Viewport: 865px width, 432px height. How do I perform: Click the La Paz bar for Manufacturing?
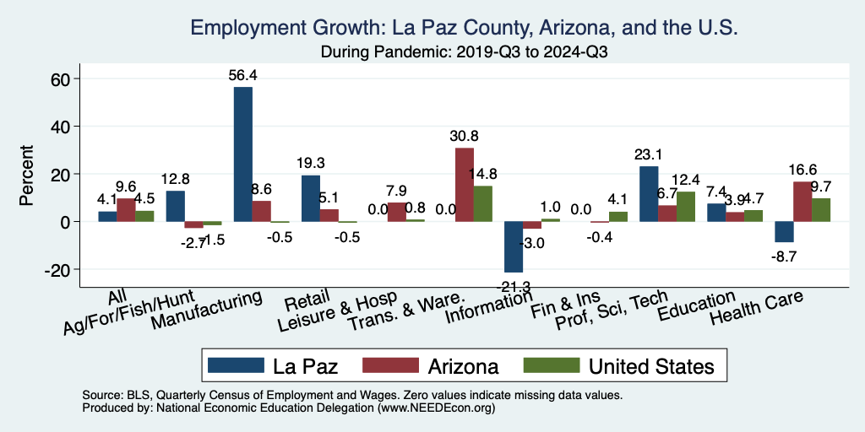point(242,154)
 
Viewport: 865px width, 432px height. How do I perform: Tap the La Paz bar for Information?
point(514,246)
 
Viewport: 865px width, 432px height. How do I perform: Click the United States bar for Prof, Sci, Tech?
point(685,207)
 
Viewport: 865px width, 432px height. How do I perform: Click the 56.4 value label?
point(242,75)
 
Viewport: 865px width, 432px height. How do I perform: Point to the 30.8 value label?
point(464,136)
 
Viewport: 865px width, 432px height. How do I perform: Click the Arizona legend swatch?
point(389,365)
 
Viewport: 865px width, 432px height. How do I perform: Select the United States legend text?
point(651,366)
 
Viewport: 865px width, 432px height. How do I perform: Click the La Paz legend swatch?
point(234,365)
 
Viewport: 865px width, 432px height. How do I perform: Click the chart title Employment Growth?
point(465,28)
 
